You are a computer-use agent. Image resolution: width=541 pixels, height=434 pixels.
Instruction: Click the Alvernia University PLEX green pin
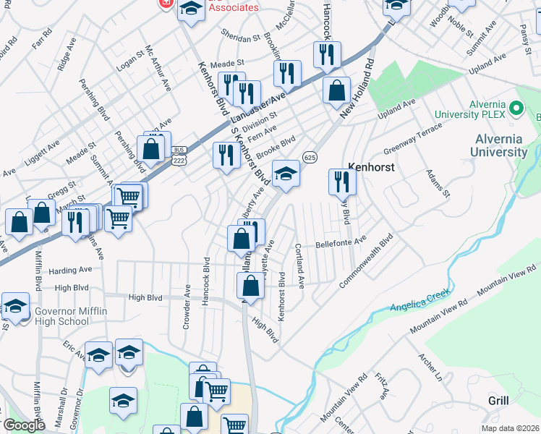[516, 109]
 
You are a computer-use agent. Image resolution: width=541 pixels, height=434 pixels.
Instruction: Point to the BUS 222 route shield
[179, 155]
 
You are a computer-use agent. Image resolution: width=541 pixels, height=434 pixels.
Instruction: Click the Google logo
[24, 425]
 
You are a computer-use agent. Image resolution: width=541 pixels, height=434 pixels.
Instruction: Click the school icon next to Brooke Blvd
[286, 174]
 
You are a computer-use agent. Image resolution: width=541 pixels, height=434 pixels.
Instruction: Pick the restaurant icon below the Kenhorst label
[342, 182]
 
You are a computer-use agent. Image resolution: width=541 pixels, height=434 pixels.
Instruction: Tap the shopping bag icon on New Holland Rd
[336, 90]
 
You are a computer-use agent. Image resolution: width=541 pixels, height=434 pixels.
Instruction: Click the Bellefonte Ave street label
[341, 242]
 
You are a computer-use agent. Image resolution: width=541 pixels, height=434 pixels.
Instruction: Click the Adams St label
[438, 184]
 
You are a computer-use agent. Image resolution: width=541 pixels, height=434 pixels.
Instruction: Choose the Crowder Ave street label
[187, 307]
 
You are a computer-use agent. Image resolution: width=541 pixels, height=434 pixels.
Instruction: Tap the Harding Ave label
[70, 270]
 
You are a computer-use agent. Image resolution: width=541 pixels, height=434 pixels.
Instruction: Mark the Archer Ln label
[430, 367]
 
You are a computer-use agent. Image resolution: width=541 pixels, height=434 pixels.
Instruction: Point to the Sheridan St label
[242, 38]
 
